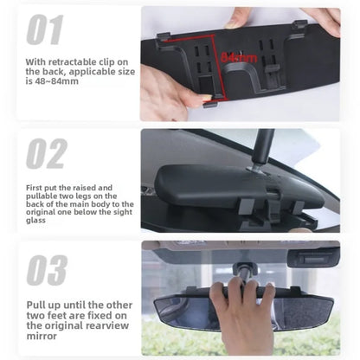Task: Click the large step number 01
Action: [45, 29]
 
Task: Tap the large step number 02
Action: [47, 153]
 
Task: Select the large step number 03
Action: [47, 270]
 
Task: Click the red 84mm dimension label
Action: [239, 58]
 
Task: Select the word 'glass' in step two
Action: [35, 221]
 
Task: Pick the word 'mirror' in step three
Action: [42, 336]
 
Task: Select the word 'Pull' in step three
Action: [36, 305]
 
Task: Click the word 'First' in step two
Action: [34, 188]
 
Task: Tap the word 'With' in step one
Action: [35, 62]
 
